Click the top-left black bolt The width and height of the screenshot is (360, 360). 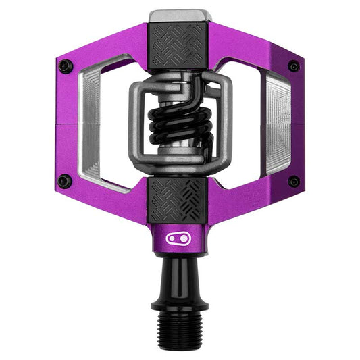pos(65,66)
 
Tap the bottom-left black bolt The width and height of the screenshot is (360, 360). pos(64,181)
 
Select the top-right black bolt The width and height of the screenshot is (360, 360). pos(294,66)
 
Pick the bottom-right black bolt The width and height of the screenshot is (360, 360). pos(294,181)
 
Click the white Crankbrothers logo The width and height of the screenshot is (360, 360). pos(180,238)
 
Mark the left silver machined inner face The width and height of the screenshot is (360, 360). pos(91,125)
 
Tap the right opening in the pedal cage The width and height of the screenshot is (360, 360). pos(247,125)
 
